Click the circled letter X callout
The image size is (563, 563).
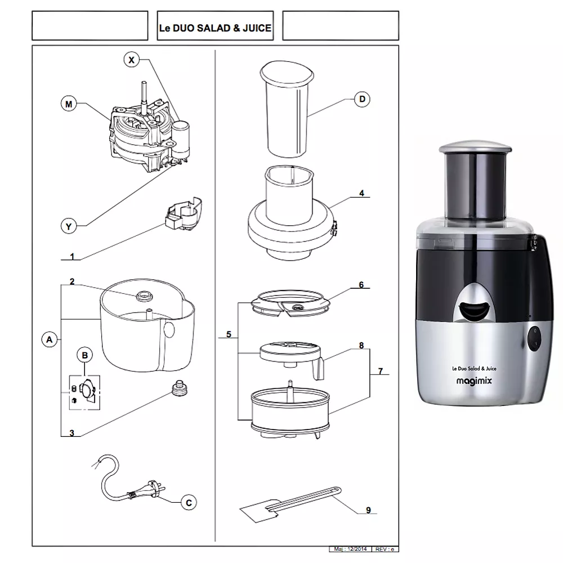tap(131, 60)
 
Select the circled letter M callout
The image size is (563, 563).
tap(69, 104)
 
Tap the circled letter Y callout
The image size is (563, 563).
tap(69, 226)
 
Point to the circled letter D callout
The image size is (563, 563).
tap(362, 99)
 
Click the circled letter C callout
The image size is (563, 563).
tap(189, 502)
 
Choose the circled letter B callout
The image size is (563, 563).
tap(85, 355)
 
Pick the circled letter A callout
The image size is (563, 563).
tap(50, 339)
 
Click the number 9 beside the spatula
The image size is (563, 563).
tap(368, 510)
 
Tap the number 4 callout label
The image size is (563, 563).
tap(361, 193)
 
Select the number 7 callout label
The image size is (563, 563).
tap(380, 371)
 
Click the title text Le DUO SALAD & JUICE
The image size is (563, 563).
tap(215, 28)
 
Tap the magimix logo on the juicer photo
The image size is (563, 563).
tap(474, 381)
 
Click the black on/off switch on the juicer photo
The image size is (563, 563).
tap(534, 337)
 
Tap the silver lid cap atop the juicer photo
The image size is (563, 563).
tap(475, 146)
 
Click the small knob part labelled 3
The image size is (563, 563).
tap(179, 388)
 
